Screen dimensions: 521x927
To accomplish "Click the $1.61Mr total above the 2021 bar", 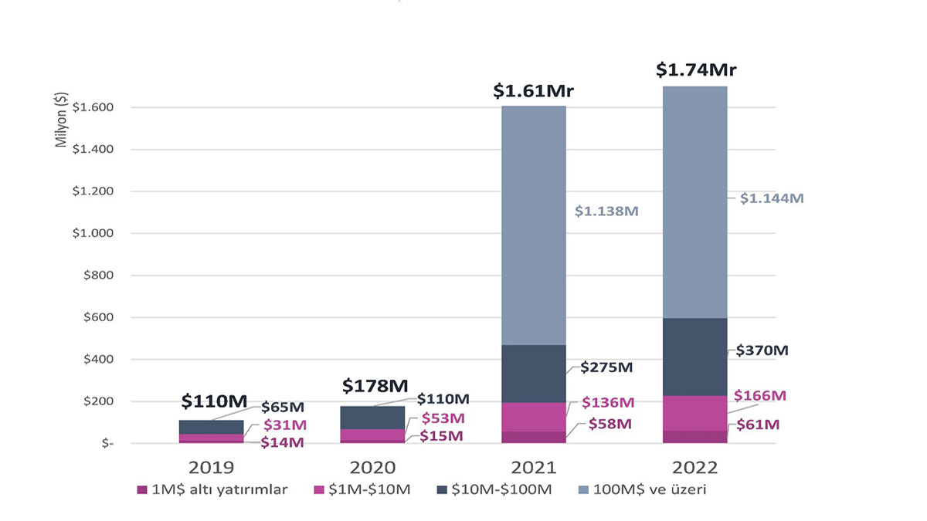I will click(x=534, y=92).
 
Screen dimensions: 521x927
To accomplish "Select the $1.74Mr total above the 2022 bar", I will click(x=696, y=70).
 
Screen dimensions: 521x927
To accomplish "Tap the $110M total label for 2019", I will click(x=214, y=401).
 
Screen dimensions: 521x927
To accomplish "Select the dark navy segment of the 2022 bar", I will click(x=695, y=357).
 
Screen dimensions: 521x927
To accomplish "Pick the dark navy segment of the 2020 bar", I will click(x=372, y=418).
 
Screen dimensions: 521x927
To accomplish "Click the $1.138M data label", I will click(x=606, y=211).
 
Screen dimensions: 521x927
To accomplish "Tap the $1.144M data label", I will click(x=772, y=198).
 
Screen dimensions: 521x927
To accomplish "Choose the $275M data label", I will click(x=607, y=367).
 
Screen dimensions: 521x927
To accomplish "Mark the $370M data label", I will click(x=762, y=350).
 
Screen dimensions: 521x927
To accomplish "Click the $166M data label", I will click(x=760, y=396).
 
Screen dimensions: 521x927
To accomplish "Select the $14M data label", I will click(x=283, y=442).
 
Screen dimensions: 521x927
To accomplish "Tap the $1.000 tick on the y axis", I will click(x=93, y=233).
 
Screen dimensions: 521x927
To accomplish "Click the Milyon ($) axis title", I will click(x=63, y=120).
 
